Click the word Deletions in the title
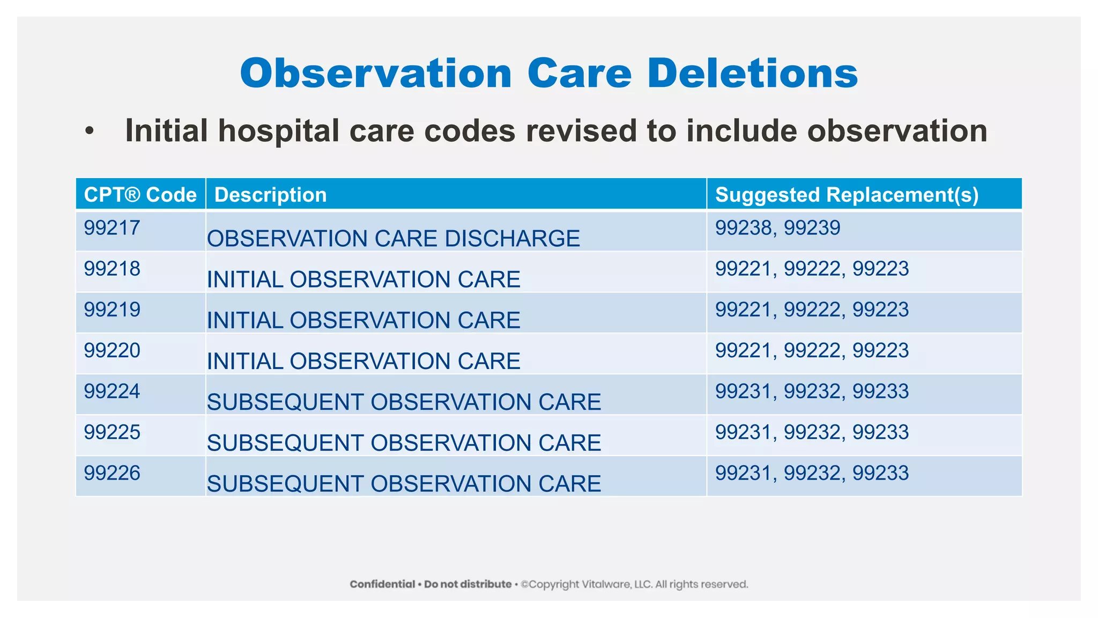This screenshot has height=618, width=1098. tap(753, 73)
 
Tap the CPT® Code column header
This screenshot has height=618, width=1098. tap(140, 195)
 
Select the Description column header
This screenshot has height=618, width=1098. tap(271, 195)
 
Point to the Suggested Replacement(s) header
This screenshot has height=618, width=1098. tap(847, 195)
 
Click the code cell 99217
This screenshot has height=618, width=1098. tap(112, 228)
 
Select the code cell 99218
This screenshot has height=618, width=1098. tap(112, 269)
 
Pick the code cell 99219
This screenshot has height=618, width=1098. tap(112, 310)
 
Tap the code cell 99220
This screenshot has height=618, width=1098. tap(112, 350)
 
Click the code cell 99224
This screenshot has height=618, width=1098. tap(112, 391)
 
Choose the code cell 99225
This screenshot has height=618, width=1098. tap(112, 432)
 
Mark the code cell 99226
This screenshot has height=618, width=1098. tap(112, 473)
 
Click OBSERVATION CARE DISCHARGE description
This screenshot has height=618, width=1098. tap(394, 239)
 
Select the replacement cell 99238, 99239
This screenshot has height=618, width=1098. tap(778, 228)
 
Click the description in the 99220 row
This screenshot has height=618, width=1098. tap(363, 361)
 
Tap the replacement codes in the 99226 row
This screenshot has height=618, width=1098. tap(812, 473)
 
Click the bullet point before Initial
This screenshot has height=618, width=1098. tap(90, 131)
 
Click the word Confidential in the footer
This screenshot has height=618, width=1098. tap(382, 584)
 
